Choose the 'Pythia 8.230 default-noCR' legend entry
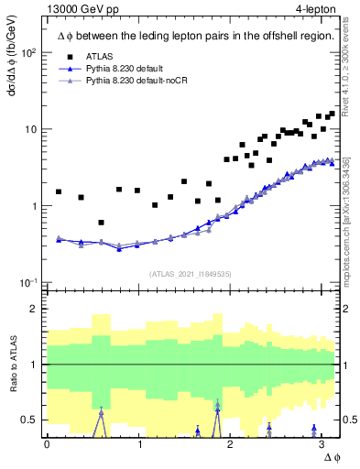point(127,82)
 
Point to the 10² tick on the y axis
point(29,52)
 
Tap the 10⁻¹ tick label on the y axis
point(29,282)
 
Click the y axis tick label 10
point(32,129)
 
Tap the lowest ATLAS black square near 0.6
point(101,223)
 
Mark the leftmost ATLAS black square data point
point(59,192)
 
